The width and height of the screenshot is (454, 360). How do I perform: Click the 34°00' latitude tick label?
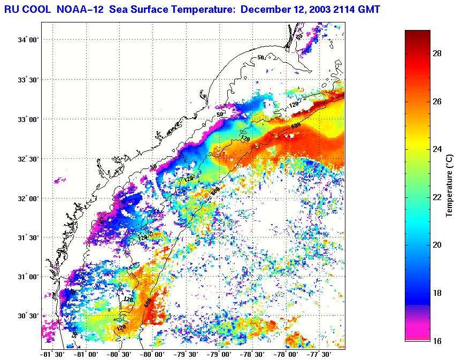tap(27, 40)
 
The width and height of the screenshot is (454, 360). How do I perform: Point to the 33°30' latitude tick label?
tap(27, 80)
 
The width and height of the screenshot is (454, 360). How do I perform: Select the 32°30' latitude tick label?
tap(27, 159)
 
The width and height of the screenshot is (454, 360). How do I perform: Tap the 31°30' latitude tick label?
tap(27, 238)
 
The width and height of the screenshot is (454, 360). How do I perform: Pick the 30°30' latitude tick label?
tap(27, 316)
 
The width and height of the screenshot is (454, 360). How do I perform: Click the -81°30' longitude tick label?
tap(52, 354)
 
